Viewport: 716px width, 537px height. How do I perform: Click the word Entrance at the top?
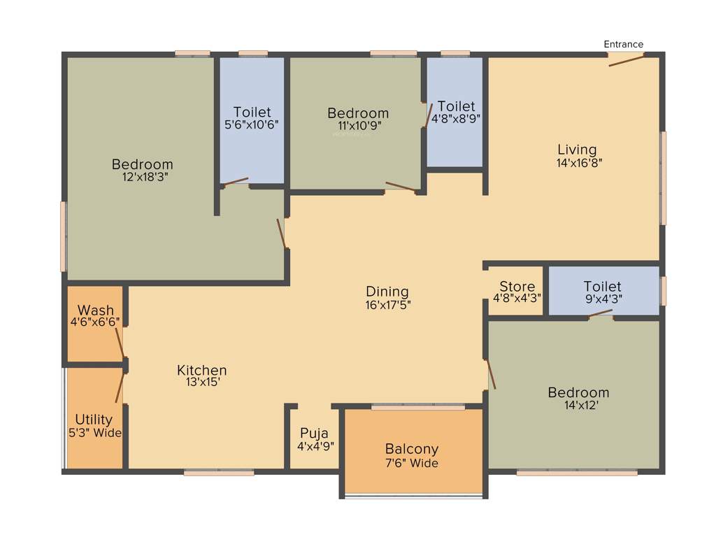coord(623,45)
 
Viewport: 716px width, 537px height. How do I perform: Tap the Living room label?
coord(577,150)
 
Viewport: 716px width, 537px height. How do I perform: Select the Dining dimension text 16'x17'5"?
coord(387,304)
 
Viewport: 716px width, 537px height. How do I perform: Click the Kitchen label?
coord(201,371)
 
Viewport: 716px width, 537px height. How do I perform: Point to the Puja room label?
coord(314,433)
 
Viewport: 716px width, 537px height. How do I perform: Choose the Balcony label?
coord(412,449)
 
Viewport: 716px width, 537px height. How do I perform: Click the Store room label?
coord(517,287)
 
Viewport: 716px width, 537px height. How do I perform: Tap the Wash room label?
coord(95,310)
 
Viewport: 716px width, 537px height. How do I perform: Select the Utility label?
coord(94,420)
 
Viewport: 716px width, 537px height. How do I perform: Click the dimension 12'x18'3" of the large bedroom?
coord(143,177)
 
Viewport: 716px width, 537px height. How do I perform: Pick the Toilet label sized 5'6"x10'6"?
coord(252,112)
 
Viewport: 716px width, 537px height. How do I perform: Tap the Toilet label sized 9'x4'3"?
coord(602,287)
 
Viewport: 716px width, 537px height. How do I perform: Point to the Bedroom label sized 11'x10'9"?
coord(357,113)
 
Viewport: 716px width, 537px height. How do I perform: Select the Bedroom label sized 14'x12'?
coord(578,392)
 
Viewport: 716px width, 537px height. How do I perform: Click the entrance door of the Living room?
coord(626,60)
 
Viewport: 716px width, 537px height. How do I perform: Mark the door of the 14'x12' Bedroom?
coord(492,373)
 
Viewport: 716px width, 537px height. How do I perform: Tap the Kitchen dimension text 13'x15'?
coord(201,382)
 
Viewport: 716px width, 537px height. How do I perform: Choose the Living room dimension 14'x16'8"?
coord(577,162)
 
